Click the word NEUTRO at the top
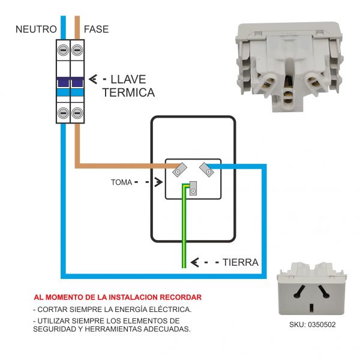pos(36,29)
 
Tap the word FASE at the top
pos(96,29)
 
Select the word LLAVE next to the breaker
pos(128,79)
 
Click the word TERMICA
pos(128,93)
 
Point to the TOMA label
pos(122,181)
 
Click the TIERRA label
pos(241,262)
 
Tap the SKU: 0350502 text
pos(312,324)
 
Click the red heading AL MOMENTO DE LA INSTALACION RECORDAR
pos(118,297)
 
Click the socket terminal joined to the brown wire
pos(179,171)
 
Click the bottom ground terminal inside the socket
pos(193,191)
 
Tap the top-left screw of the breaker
pos(62,51)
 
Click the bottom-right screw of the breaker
pos(77,112)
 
